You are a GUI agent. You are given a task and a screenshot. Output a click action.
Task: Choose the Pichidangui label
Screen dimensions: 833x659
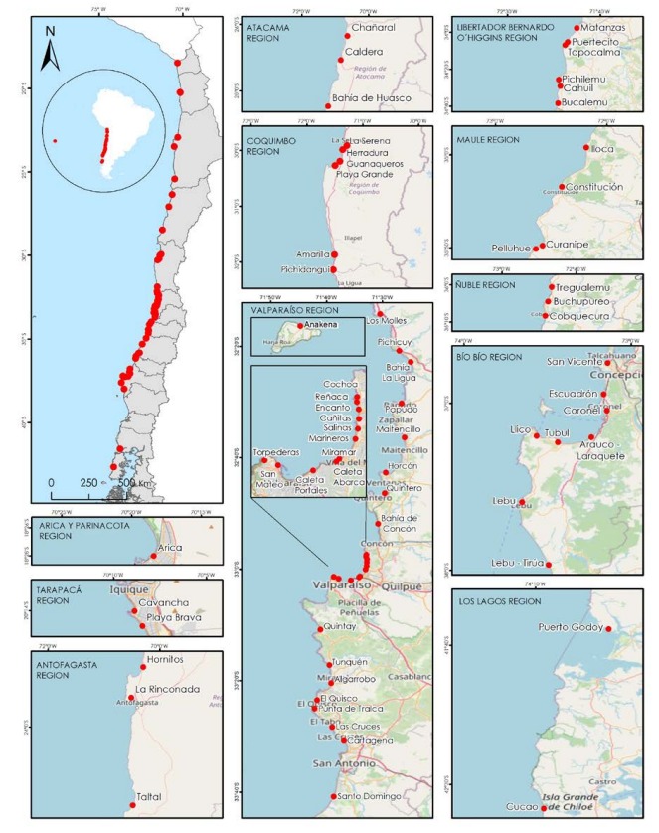click(309, 268)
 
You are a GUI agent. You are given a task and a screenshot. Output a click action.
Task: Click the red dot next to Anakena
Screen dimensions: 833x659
click(300, 325)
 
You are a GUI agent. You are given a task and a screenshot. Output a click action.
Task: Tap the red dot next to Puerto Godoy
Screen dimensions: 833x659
click(609, 628)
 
